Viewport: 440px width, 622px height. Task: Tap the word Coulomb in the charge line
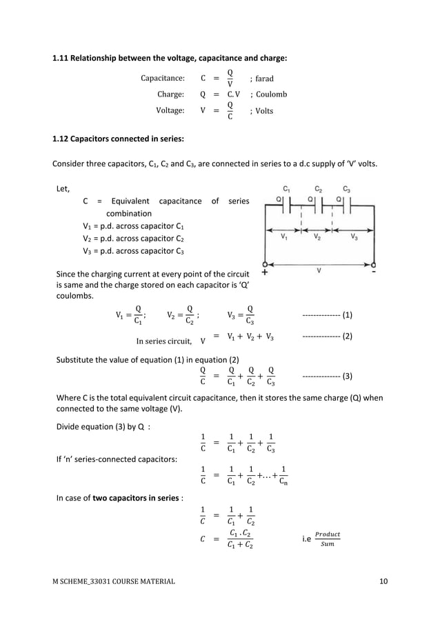coord(271,94)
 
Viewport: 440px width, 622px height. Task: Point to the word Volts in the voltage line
coord(264,110)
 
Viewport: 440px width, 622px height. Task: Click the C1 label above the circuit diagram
coord(288,188)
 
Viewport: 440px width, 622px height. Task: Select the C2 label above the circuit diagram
coord(319,188)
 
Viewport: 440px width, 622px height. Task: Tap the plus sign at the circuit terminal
coord(265,272)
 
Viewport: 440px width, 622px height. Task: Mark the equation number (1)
coord(347,315)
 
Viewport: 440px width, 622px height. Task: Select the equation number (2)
coord(347,337)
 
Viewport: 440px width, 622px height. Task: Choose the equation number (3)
coord(347,377)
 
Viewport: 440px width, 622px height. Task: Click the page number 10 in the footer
coord(383,581)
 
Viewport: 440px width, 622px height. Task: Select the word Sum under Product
coord(327,544)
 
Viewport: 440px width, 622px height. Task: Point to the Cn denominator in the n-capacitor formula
coord(284,482)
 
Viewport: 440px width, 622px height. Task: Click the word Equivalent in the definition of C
coord(126,201)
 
